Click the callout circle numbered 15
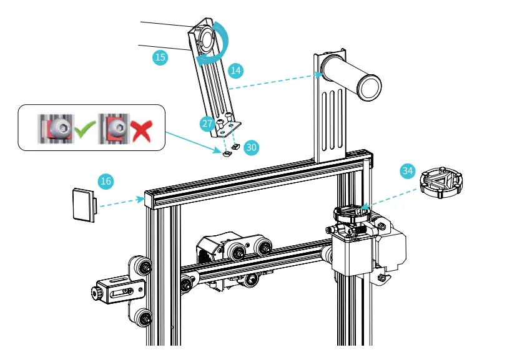click(x=160, y=57)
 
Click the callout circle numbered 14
click(x=235, y=70)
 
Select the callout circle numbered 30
click(x=251, y=147)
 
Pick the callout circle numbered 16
click(x=106, y=182)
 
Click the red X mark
click(x=141, y=130)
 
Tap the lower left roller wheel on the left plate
click(x=143, y=318)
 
